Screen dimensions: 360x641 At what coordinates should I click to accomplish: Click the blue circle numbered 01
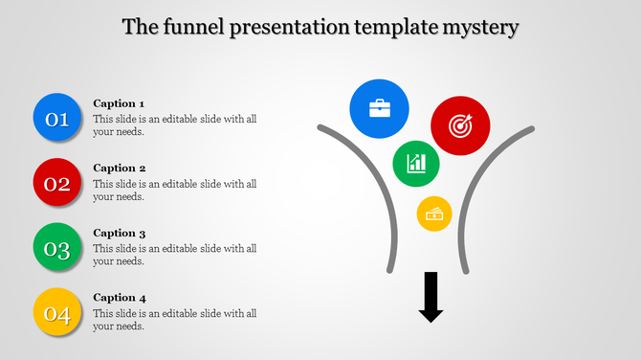[x=57, y=118]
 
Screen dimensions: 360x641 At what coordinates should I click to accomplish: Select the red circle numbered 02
[x=57, y=183]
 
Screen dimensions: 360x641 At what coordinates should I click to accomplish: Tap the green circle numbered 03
[x=57, y=248]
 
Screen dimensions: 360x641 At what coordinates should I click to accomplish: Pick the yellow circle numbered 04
[x=57, y=313]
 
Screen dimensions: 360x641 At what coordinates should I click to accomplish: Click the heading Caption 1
[x=119, y=103]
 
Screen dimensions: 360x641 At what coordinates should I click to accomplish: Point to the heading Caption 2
[x=119, y=168]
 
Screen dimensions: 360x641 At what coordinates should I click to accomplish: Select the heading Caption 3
[x=119, y=233]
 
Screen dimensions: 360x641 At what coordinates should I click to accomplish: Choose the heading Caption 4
[x=119, y=298]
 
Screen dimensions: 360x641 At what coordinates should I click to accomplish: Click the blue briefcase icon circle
[x=380, y=107]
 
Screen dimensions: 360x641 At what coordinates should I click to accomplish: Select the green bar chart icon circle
[x=416, y=163]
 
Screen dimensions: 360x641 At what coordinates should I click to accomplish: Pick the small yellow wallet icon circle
[x=434, y=214]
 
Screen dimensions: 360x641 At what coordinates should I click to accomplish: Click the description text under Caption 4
[x=174, y=320]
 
